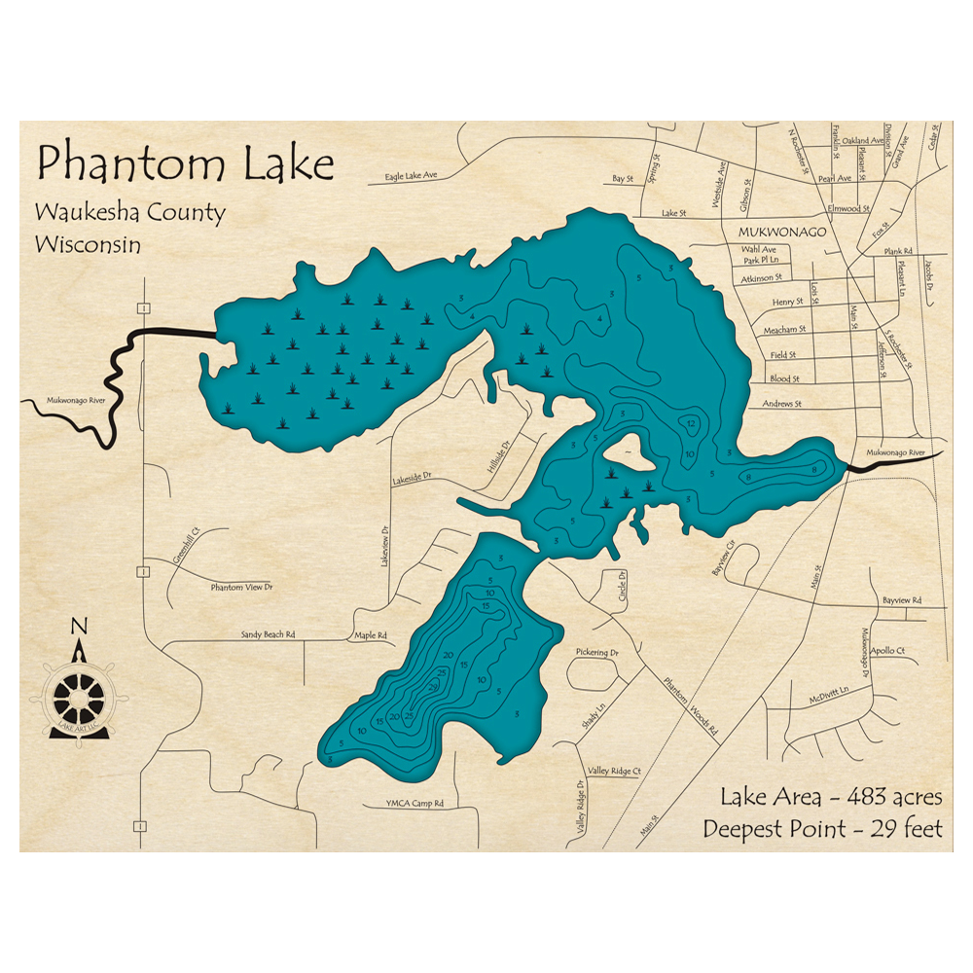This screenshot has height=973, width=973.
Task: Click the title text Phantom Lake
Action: (185, 164)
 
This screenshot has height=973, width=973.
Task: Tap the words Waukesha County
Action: (129, 213)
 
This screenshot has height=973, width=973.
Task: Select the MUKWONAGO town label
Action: (781, 234)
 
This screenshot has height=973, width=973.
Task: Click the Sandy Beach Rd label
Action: (268, 634)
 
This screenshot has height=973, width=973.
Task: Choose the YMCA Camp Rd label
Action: (415, 804)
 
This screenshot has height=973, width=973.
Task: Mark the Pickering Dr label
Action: (597, 653)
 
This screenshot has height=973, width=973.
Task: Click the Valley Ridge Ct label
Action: (614, 772)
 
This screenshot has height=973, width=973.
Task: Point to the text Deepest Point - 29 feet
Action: (823, 830)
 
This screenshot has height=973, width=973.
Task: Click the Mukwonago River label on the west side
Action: (69, 400)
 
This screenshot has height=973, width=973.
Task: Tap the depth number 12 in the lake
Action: (690, 424)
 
